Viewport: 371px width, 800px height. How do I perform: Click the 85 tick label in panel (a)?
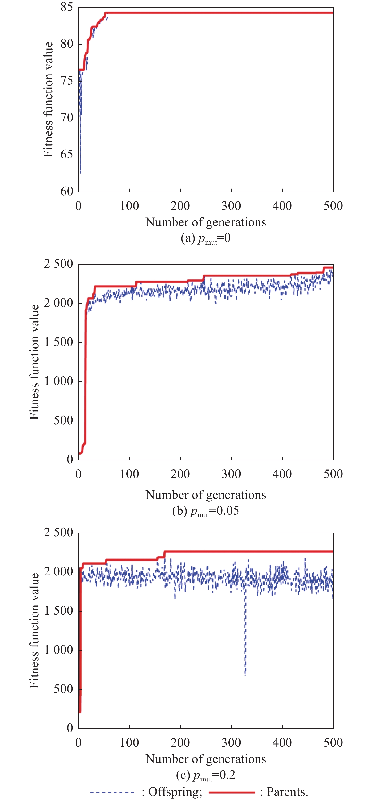(67, 7)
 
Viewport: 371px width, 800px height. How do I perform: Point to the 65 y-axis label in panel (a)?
(67, 154)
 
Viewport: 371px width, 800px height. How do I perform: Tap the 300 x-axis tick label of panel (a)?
(231, 206)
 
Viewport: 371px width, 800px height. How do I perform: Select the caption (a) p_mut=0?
(206, 238)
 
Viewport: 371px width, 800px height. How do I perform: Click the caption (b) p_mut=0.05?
(206, 511)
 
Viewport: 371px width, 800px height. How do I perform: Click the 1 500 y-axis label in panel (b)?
(59, 342)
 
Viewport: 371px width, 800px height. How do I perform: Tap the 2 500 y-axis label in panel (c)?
(59, 532)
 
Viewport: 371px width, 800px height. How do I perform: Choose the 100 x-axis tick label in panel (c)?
(129, 742)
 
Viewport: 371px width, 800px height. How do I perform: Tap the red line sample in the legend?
(232, 792)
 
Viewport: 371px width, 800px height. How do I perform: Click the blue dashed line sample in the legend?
(113, 792)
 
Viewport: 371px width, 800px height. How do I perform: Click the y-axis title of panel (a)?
(48, 99)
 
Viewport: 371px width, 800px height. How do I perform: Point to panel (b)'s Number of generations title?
(206, 495)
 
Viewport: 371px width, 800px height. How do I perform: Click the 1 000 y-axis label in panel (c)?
(59, 650)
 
